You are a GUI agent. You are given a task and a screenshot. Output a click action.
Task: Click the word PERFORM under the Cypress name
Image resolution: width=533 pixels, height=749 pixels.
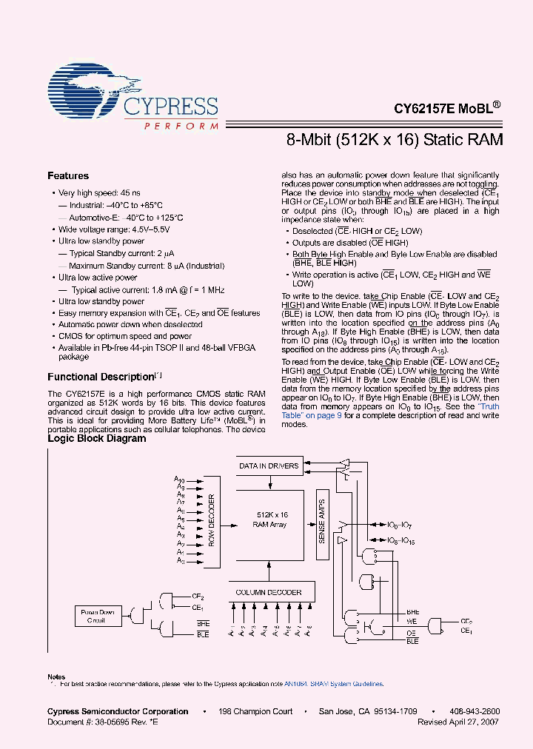click(181, 127)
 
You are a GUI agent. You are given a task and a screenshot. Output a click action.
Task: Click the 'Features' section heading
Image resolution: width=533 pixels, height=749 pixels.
click(68, 176)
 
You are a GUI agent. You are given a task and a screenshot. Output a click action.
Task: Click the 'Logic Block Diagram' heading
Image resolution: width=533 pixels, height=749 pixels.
click(96, 438)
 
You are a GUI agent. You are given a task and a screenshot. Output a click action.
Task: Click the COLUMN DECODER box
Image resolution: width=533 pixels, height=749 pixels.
click(269, 592)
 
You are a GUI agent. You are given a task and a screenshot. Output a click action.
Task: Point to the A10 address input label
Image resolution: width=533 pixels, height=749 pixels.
click(180, 480)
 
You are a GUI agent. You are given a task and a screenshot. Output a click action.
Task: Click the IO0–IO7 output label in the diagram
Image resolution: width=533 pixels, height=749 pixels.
click(400, 524)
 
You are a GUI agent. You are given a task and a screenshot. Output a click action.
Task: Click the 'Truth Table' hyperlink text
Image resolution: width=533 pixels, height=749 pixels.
click(488, 406)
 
